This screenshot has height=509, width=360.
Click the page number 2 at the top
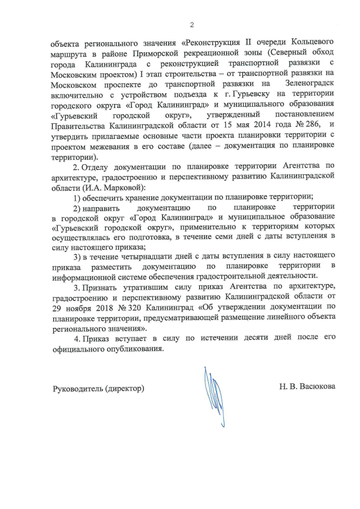(x=191, y=25)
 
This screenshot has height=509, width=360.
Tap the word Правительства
(x=79, y=125)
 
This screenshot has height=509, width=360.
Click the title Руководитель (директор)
(x=98, y=388)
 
